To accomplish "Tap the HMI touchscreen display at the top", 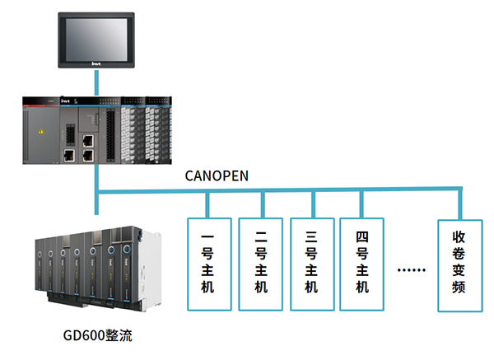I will (98, 35).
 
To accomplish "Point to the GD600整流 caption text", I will (97, 336).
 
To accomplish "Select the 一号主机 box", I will (207, 264).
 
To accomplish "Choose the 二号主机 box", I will (260, 264).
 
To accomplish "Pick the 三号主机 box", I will (311, 264).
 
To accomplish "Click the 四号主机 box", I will (362, 264).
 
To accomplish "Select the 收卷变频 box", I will (459, 264).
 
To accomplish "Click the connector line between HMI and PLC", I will (98, 82).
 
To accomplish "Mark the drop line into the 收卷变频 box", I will (459, 205).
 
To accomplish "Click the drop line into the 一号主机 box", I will (207, 205).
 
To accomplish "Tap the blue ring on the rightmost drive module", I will (128, 248).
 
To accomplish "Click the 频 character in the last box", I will (459, 288).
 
